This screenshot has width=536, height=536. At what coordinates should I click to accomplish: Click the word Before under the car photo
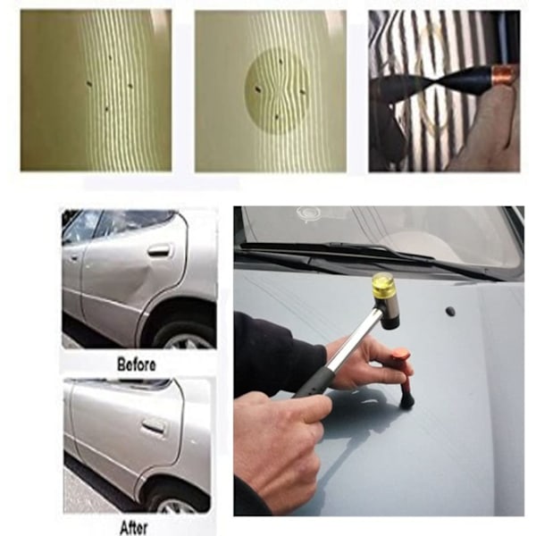(137, 364)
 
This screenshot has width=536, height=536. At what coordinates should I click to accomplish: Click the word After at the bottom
(134, 528)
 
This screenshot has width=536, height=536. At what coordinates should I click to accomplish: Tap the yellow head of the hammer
(383, 286)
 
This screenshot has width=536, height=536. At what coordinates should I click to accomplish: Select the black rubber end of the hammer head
(390, 321)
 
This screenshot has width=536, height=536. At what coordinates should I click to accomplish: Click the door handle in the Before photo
(159, 250)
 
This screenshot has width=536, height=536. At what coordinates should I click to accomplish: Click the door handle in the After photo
(153, 426)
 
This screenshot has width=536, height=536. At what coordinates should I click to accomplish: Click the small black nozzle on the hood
(450, 311)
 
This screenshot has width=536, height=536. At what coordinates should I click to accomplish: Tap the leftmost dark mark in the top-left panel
(89, 83)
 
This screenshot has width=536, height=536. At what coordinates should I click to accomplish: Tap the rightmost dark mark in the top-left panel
(130, 86)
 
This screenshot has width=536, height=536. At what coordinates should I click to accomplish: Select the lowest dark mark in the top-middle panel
(277, 117)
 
